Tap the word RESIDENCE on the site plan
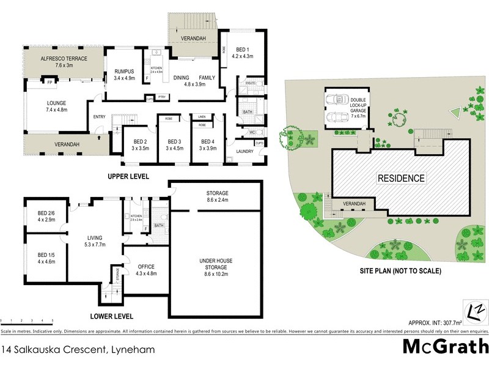(400, 179)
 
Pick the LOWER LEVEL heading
(111, 317)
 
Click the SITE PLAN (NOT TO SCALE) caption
(400, 270)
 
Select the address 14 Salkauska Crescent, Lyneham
(78, 350)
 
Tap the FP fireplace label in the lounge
(49, 80)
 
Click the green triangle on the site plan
(454, 113)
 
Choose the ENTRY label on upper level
(99, 116)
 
